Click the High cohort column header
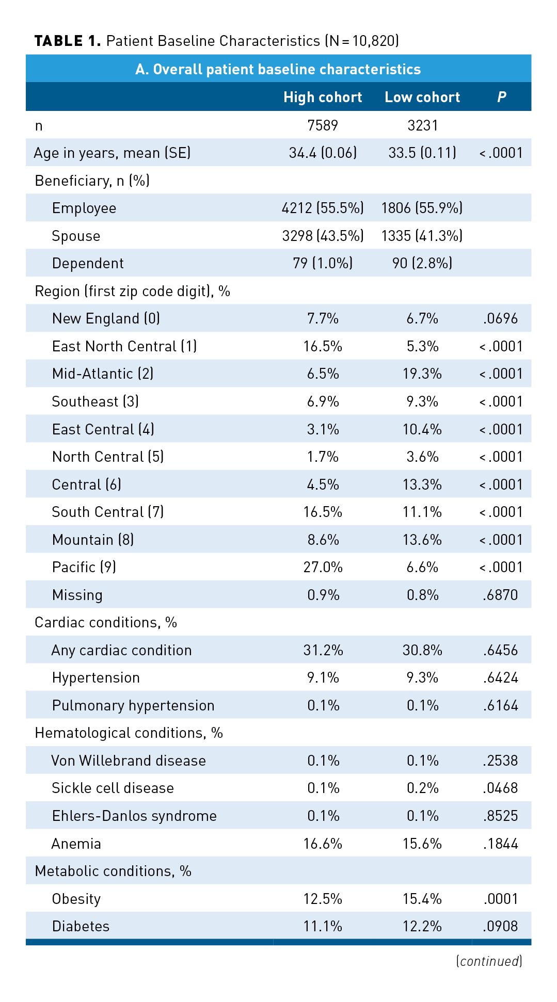(x=323, y=97)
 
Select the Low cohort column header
(x=422, y=97)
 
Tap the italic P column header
(x=501, y=97)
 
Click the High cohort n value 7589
(x=323, y=125)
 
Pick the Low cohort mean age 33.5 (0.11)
(x=422, y=153)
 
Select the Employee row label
(x=84, y=208)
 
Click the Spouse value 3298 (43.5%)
(x=323, y=236)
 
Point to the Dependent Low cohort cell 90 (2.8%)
(x=422, y=263)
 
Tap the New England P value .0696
(x=501, y=318)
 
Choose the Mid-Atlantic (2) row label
(x=103, y=374)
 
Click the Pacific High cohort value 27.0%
(x=323, y=567)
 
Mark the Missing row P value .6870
(x=501, y=595)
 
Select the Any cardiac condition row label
(x=121, y=650)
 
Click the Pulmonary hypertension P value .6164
(x=501, y=705)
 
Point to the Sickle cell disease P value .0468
(x=501, y=788)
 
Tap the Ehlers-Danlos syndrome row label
(x=134, y=816)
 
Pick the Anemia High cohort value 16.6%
(x=323, y=844)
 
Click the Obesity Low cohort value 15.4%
(x=422, y=899)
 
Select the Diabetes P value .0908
(x=501, y=926)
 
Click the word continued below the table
(x=489, y=961)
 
